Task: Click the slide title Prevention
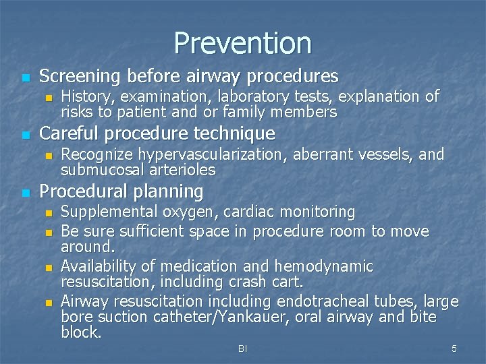click(x=242, y=42)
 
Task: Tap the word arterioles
click(x=182, y=169)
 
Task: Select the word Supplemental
click(x=109, y=212)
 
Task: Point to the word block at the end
click(x=80, y=332)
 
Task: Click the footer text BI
click(x=242, y=348)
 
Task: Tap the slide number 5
click(x=454, y=348)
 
